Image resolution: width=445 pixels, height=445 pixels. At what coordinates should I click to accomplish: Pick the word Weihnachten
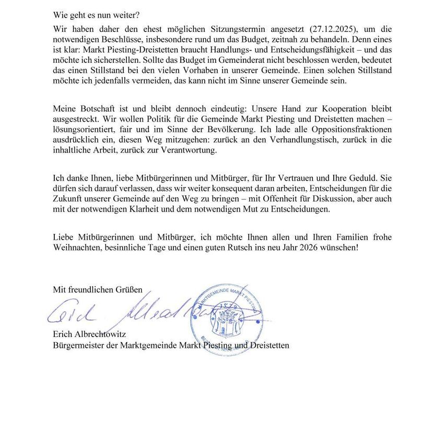78,248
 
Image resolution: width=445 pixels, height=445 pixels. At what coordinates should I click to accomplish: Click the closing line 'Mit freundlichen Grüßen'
98,289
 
